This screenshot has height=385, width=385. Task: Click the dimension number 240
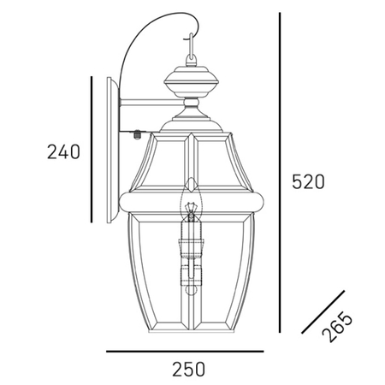click(63, 152)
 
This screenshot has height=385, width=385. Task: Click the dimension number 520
click(309, 181)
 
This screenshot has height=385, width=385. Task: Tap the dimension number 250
click(188, 369)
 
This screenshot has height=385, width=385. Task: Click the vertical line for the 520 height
click(281, 171)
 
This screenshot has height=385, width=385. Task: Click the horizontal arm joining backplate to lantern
click(150, 107)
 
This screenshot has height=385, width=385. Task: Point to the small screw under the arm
click(137, 133)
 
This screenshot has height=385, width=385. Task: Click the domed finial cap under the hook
click(191, 82)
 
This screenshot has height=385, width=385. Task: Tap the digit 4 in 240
click(63, 152)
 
